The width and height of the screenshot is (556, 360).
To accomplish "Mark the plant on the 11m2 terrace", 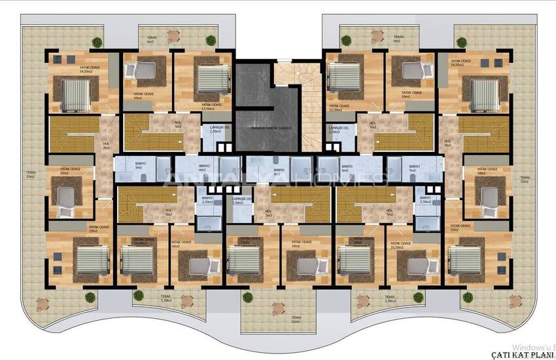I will coord(248,298).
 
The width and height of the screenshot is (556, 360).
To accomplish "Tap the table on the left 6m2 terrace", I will coord(174,36).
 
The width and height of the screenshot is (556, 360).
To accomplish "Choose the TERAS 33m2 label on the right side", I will coord(525,179).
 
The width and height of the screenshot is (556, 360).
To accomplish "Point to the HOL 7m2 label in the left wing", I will coord(106,147).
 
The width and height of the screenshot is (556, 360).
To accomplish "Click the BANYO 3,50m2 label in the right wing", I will coord(425,200).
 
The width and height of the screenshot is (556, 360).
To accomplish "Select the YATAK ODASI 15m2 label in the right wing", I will coord(455,228).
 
